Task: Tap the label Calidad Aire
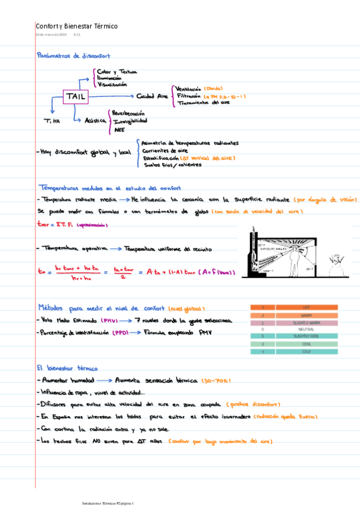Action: click(153, 96)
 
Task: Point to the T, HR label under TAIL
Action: click(52, 122)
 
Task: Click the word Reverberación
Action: click(129, 112)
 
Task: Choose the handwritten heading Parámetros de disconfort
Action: click(73, 55)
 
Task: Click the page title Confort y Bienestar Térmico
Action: click(77, 26)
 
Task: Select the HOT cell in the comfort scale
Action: click(307, 307)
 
